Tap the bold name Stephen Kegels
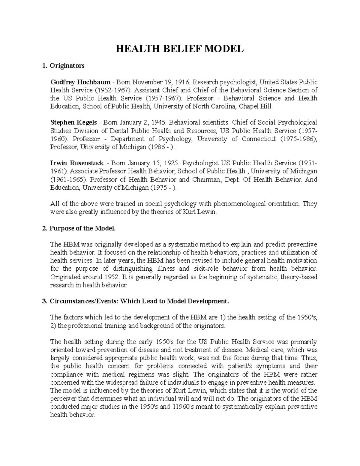(73, 122)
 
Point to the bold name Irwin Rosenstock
(77, 163)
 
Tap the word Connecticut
(259, 139)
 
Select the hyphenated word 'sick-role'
(205, 269)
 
